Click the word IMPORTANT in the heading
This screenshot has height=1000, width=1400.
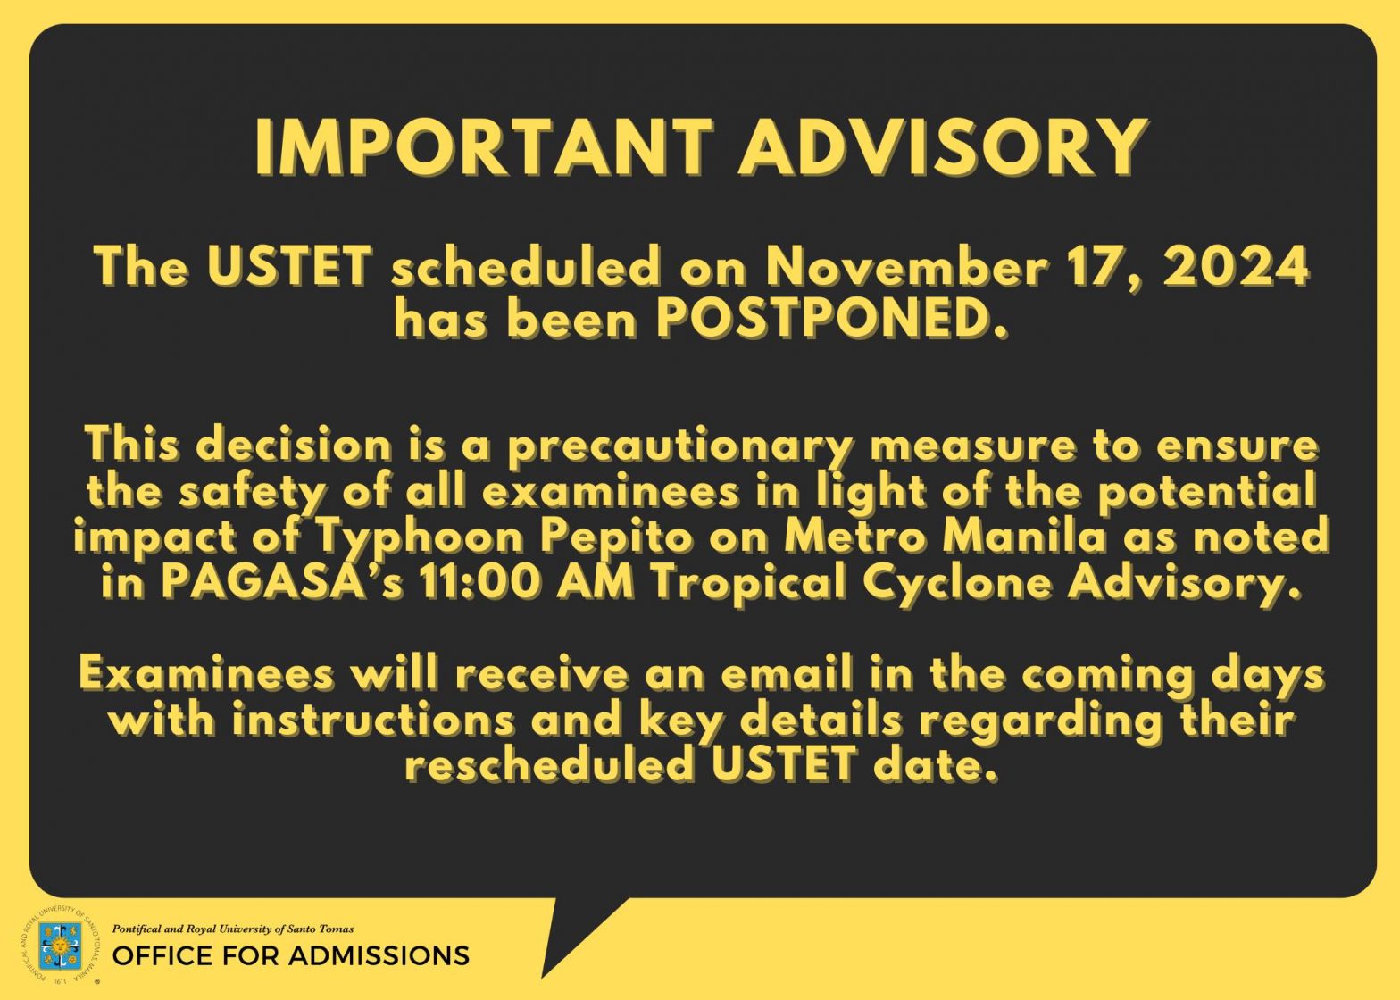pyautogui.click(x=484, y=147)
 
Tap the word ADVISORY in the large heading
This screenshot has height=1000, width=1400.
pyautogui.click(x=943, y=147)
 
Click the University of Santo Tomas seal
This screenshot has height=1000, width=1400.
pyautogui.click(x=60, y=946)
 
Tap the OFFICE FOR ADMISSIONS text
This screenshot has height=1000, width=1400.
pyautogui.click(x=291, y=956)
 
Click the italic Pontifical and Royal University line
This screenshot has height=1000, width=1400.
pyautogui.click(x=233, y=929)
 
